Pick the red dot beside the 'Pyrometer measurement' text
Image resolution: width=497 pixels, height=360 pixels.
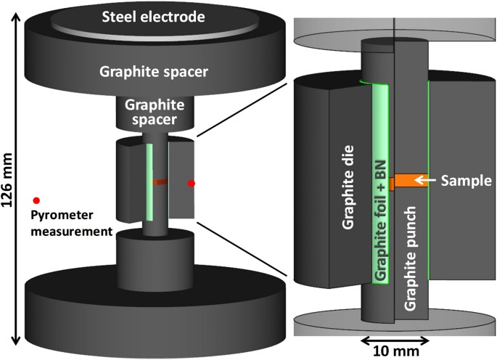(x=36, y=200)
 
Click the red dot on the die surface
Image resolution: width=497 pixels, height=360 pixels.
(x=192, y=184)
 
